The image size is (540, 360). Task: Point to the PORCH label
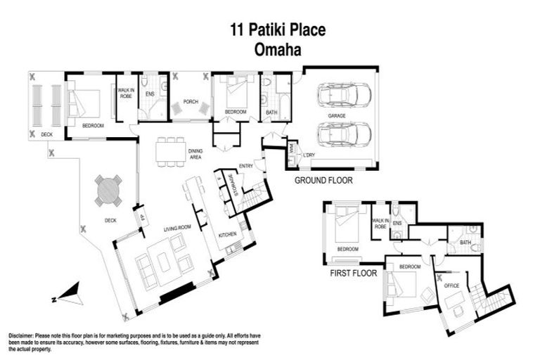(191, 102)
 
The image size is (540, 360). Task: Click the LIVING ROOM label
(179, 228)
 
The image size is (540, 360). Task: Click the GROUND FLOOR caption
(323, 181)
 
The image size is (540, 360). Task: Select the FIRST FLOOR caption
(354, 273)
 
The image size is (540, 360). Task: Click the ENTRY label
(245, 166)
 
